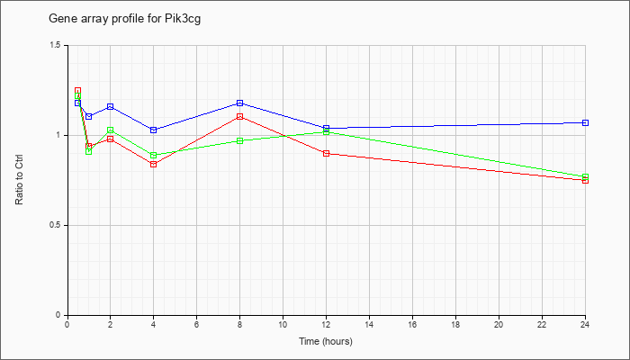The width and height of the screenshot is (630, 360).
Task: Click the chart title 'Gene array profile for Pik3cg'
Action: [124, 19]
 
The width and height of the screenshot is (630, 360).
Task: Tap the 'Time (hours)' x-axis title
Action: [326, 341]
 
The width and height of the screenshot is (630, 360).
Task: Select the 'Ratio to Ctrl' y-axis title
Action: [19, 179]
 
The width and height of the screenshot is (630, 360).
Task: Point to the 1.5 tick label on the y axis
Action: [60, 45]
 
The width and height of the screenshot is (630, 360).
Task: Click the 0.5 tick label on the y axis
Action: [60, 225]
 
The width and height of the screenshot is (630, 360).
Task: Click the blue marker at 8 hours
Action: [240, 103]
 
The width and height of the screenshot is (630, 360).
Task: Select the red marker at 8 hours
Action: [240, 116]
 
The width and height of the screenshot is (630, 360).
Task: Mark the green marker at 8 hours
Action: [240, 140]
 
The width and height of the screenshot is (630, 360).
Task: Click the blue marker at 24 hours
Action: [585, 122]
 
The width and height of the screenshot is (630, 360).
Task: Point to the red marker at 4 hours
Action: [154, 165]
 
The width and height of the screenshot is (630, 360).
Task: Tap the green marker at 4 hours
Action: [154, 155]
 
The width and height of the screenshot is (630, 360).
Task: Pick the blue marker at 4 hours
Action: [154, 130]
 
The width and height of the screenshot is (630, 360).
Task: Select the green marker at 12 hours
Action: [326, 131]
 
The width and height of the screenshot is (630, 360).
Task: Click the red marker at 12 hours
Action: [326, 154]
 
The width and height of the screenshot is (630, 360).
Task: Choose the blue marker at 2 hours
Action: [110, 106]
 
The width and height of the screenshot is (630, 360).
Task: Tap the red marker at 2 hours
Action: [110, 139]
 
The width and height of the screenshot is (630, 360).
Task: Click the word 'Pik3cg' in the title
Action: [183, 19]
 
